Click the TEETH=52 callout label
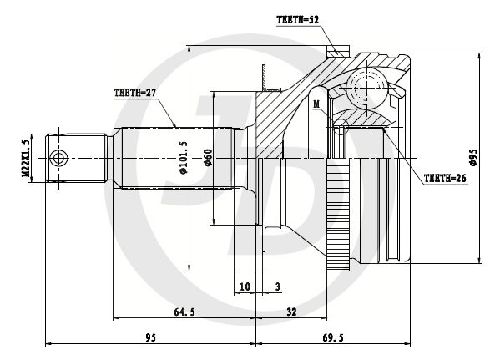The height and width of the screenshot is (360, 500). point(297,20)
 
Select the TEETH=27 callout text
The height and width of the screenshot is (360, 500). point(135,93)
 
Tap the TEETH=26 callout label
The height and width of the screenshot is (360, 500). point(445,179)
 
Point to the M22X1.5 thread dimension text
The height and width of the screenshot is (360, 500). point(26,158)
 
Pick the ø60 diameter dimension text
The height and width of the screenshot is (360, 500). point(208,157)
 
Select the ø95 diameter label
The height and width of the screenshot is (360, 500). point(473,157)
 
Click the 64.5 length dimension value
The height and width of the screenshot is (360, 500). point(184,312)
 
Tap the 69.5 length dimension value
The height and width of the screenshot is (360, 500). point(333,337)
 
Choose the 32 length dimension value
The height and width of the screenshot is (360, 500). point(291,312)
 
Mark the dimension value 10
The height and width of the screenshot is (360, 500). point(245,286)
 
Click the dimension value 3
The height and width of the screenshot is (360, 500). point(278,286)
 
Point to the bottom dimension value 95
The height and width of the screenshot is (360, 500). point(151,337)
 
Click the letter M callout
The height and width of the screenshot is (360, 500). point(316,104)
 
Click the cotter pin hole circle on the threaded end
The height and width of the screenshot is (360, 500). point(58,159)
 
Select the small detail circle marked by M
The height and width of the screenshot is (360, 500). point(341,127)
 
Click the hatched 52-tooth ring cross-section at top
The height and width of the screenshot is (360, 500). point(338,52)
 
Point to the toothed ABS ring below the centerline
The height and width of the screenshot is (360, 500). point(338,215)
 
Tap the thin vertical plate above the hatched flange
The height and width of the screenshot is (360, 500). point(264,77)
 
